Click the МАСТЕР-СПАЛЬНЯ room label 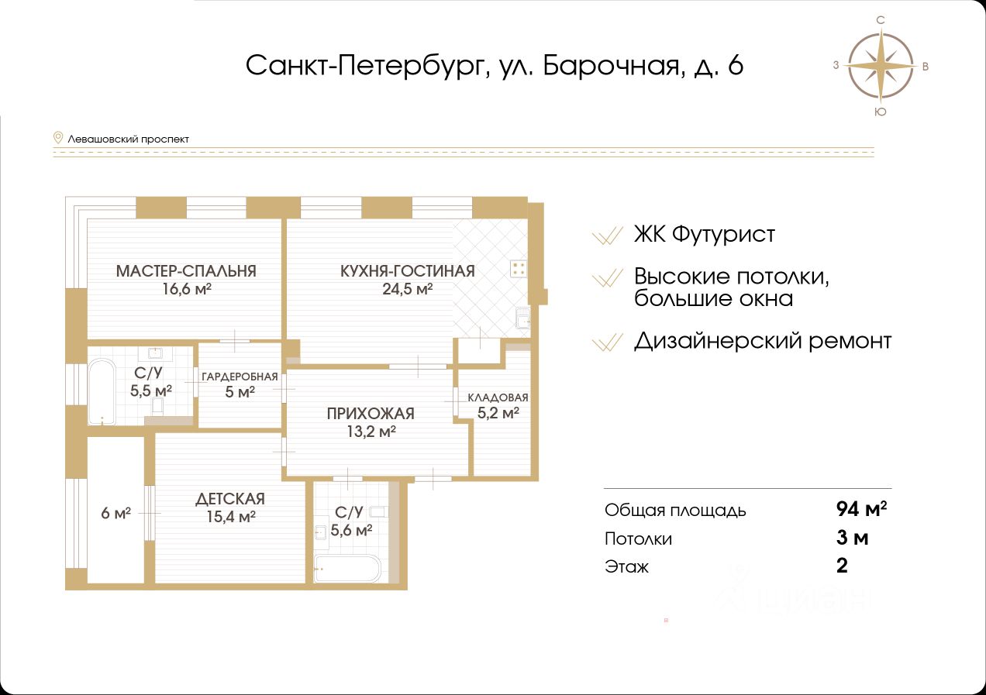click(186, 271)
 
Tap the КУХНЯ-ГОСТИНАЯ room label click(407, 271)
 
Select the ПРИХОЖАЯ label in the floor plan click(371, 414)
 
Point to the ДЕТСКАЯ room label click(230, 499)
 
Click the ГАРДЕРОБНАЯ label click(240, 377)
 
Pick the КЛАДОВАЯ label click(498, 397)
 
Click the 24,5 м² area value click(407, 289)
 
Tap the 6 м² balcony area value click(115, 513)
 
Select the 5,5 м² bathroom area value click(151, 390)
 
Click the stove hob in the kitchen click(519, 269)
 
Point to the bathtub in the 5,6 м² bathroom click(347, 568)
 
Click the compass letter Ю click(881, 112)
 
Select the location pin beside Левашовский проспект click(57, 138)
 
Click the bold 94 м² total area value click(861, 509)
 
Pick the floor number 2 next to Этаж click(842, 566)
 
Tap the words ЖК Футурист click(704, 234)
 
